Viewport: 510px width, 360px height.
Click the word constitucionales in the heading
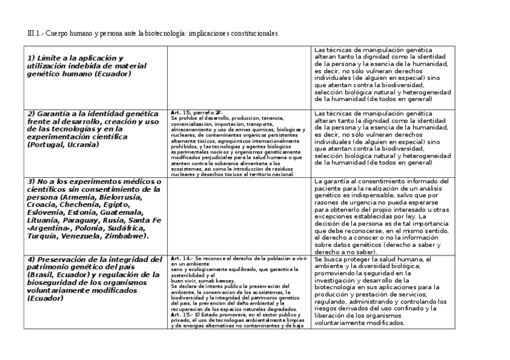coord(257,33)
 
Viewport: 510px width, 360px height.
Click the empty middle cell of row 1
coord(239,77)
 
